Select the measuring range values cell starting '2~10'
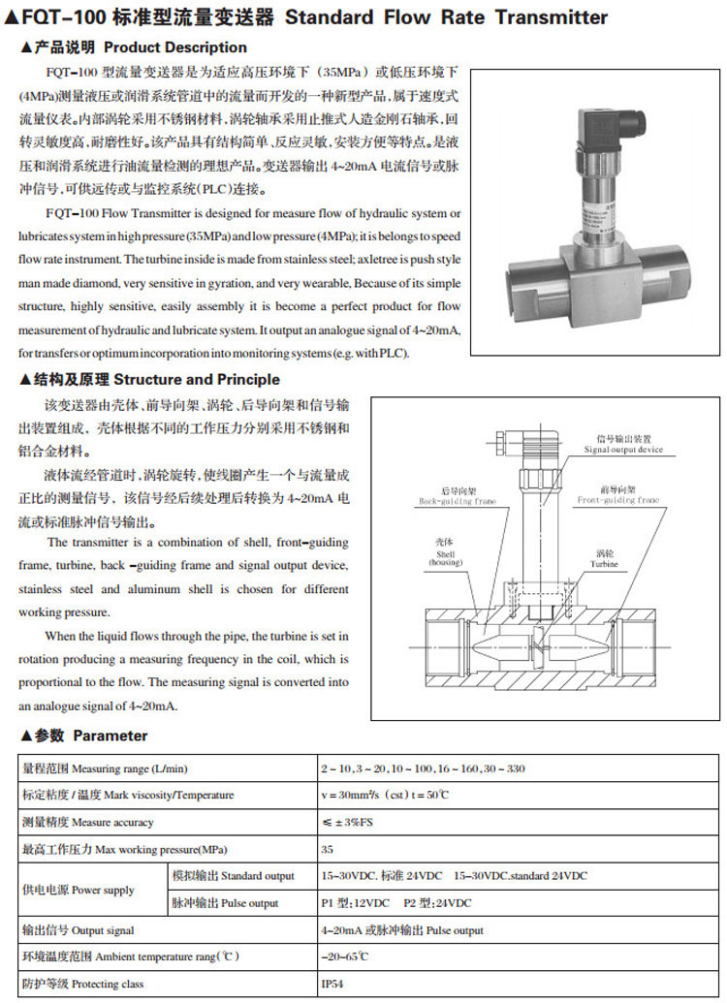[x=422, y=768]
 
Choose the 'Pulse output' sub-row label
[x=226, y=903]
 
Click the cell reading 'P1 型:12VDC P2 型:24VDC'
[x=396, y=903]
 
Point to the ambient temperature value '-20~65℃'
[x=344, y=957]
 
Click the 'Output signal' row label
[x=79, y=930]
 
